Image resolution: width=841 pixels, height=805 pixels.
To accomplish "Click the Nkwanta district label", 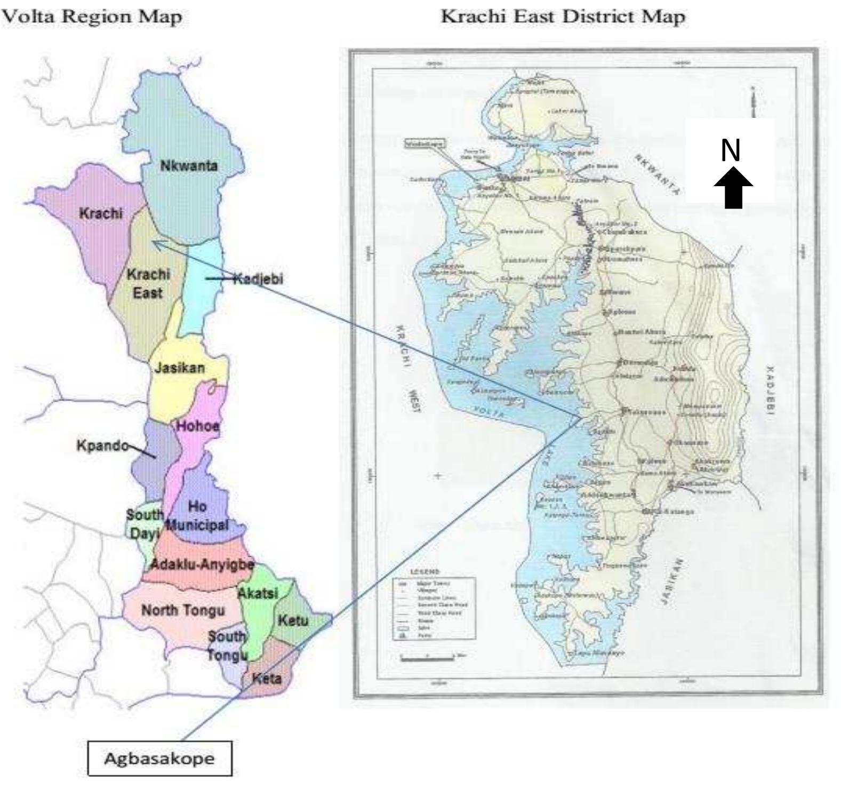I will point(189,166).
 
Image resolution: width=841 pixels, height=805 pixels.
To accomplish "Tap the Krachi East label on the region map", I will point(148,283).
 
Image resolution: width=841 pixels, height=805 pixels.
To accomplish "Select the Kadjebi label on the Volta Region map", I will point(258,279).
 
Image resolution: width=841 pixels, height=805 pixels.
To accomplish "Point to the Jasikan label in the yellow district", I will point(180,368).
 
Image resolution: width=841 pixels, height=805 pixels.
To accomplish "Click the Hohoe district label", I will point(197,426).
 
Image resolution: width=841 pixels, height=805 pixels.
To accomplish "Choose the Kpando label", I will point(102,445).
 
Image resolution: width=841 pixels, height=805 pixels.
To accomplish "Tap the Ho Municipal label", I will point(197,515).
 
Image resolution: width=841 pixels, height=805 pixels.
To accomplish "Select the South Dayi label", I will point(145,523).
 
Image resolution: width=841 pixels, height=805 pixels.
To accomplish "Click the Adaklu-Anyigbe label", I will point(201,564).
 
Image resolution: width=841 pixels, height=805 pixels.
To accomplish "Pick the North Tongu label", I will point(183,610).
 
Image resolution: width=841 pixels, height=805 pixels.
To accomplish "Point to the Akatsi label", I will point(258,593).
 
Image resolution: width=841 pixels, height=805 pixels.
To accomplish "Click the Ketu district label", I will point(293,620).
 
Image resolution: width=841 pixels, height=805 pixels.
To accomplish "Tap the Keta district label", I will point(266,679).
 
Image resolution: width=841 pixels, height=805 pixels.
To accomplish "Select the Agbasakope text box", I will point(159,758).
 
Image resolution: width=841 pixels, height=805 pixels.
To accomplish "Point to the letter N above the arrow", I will point(730,150).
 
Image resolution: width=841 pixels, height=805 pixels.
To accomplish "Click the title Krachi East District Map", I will point(563,17).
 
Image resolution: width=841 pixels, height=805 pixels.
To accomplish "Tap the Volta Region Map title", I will point(92,17).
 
